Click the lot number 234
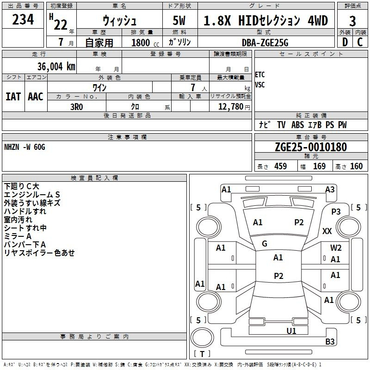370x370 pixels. [23, 19]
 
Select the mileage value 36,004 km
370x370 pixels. [56, 67]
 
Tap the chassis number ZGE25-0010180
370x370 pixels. [311, 147]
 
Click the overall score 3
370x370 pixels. [352, 21]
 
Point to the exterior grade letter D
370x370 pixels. [345, 42]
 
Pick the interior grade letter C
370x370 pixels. [360, 42]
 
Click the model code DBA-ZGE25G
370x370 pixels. [265, 43]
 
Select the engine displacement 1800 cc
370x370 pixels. [145, 43]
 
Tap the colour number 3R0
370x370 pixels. [77, 107]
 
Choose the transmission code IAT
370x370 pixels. [13, 97]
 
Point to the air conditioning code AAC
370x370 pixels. [36, 97]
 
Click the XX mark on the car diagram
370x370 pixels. [327, 231]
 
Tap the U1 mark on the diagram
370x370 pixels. [291, 331]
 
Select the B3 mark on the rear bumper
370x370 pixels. [330, 341]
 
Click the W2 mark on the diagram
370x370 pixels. [336, 248]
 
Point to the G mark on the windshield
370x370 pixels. [265, 244]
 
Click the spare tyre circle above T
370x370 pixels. [202, 338]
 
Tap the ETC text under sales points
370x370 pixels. [260, 75]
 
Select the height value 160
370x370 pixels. [356, 166]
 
